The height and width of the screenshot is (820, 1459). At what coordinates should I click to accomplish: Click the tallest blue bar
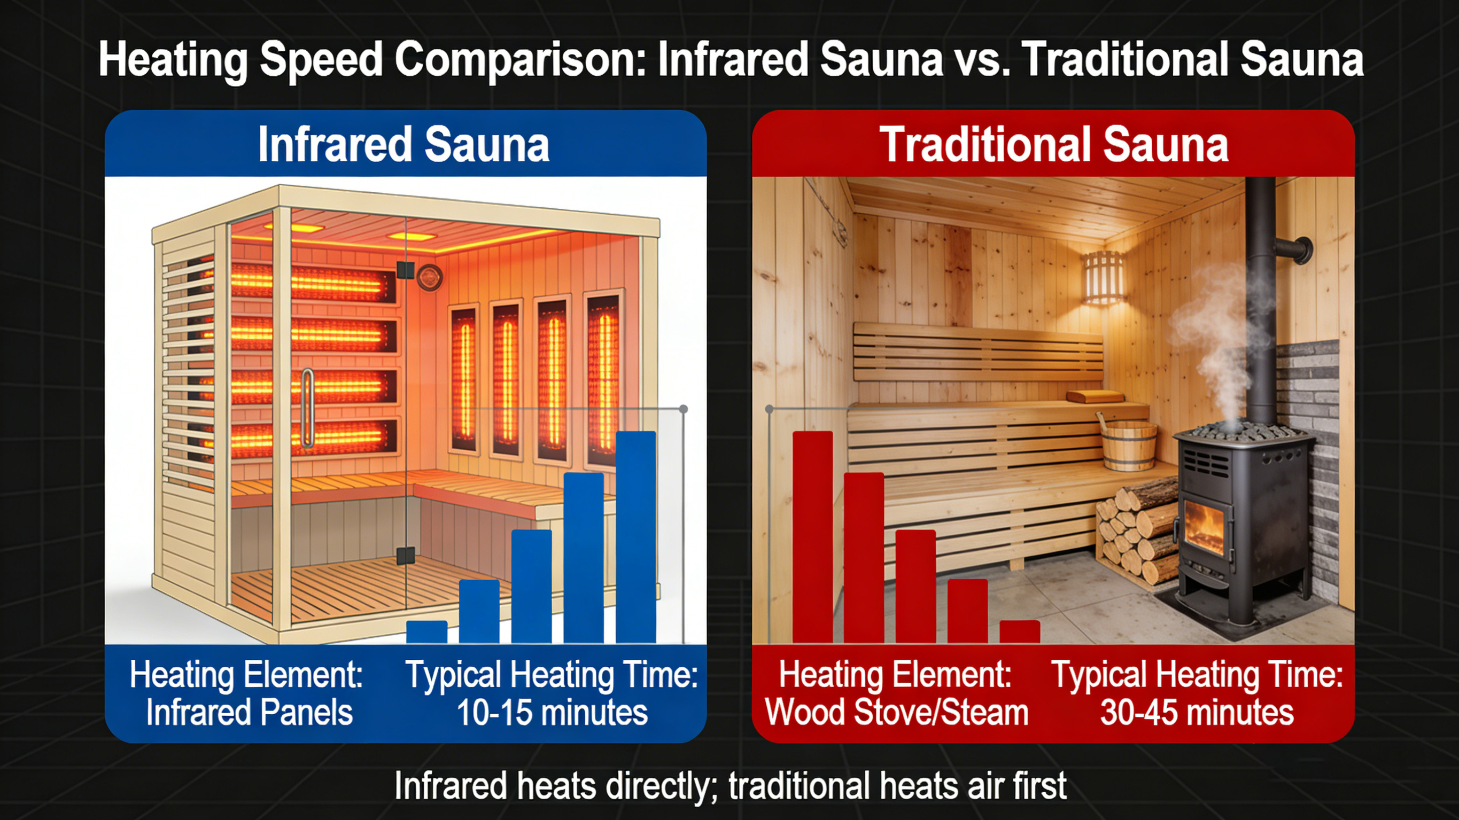635,537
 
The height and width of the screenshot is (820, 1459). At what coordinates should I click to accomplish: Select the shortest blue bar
426,632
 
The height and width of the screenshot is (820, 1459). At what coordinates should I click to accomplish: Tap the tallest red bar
812,537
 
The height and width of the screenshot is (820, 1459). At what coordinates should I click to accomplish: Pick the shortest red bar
1020,632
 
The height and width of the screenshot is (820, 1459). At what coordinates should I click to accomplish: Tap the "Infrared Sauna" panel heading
403,144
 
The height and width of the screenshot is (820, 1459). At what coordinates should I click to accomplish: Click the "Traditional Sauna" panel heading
1053,144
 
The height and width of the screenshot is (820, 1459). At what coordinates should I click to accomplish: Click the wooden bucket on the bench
1129,444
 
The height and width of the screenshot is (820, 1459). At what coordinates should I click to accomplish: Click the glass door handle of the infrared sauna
307,408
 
